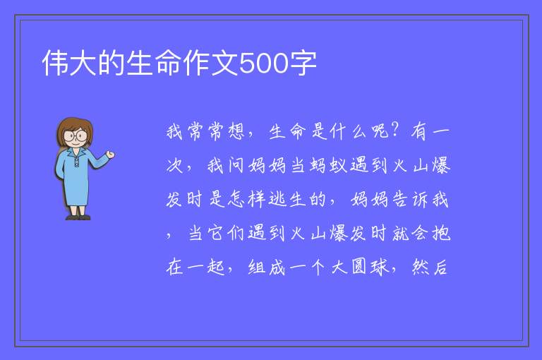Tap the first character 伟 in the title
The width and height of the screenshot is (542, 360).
(x=55, y=63)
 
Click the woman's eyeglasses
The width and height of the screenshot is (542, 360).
(x=76, y=136)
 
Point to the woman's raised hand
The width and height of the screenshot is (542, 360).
(x=110, y=155)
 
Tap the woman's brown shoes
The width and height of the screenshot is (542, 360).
(x=78, y=217)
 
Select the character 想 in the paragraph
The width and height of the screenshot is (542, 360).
(x=236, y=131)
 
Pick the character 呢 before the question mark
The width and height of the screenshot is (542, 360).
(x=380, y=131)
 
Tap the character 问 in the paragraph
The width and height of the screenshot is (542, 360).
(x=236, y=165)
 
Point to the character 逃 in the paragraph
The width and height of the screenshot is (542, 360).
(x=277, y=199)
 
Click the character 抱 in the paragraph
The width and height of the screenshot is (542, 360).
(x=441, y=233)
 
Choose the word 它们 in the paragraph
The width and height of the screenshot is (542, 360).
(x=226, y=233)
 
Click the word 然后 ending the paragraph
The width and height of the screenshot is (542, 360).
(x=430, y=267)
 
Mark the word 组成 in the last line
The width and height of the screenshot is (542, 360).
(x=267, y=267)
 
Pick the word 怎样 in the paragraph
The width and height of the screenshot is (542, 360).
(x=247, y=199)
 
